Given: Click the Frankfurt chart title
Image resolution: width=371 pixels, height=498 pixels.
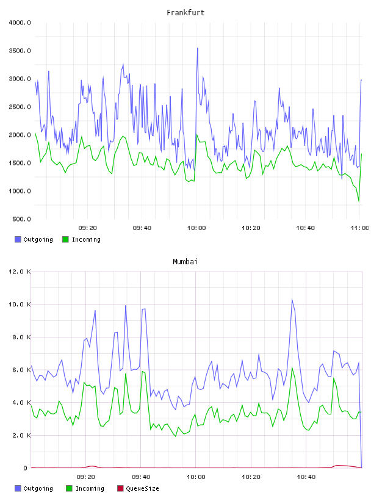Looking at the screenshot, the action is pyautogui.click(x=185, y=13).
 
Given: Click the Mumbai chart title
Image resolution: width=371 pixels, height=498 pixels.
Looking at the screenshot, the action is pyautogui.click(x=185, y=262).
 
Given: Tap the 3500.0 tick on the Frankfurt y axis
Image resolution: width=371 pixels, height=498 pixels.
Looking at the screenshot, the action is pyautogui.click(x=20, y=51).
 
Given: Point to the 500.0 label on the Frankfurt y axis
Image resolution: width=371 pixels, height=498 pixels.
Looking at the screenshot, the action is pyautogui.click(x=21, y=219).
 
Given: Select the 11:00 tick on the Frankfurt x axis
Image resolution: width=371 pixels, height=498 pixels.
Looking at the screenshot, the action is pyautogui.click(x=359, y=228).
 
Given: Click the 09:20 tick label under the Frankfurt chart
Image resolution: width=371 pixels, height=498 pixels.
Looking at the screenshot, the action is pyautogui.click(x=88, y=228).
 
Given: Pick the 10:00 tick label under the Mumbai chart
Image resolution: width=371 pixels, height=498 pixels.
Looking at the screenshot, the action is pyautogui.click(x=196, y=477).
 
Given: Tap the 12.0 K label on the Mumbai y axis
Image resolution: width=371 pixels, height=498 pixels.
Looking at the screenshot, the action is pyautogui.click(x=20, y=272).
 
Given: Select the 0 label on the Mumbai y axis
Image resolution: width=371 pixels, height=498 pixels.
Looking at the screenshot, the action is pyautogui.click(x=26, y=468).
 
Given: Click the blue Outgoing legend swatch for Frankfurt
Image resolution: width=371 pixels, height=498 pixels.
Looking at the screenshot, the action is pyautogui.click(x=18, y=239).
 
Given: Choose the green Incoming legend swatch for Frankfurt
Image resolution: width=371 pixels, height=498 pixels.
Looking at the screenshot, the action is pyautogui.click(x=65, y=239).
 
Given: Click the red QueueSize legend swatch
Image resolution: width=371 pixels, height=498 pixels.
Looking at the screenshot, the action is pyautogui.click(x=120, y=488).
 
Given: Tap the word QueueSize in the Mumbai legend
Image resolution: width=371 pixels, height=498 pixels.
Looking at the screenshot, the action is pyautogui.click(x=142, y=488).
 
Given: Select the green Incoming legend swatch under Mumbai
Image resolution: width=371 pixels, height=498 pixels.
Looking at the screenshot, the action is pyautogui.click(x=69, y=488).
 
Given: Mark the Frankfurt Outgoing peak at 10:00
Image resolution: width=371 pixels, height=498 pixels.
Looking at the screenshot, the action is pyautogui.click(x=198, y=48).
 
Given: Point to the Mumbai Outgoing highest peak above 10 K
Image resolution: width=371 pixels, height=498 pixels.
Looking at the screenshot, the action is pyautogui.click(x=292, y=299).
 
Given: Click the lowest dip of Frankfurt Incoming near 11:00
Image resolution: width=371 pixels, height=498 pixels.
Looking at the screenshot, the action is pyautogui.click(x=359, y=201).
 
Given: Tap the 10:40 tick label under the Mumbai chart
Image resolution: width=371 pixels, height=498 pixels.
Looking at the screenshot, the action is pyautogui.click(x=306, y=477).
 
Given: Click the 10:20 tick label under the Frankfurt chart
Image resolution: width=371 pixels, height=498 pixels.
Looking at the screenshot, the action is pyautogui.click(x=251, y=228).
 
